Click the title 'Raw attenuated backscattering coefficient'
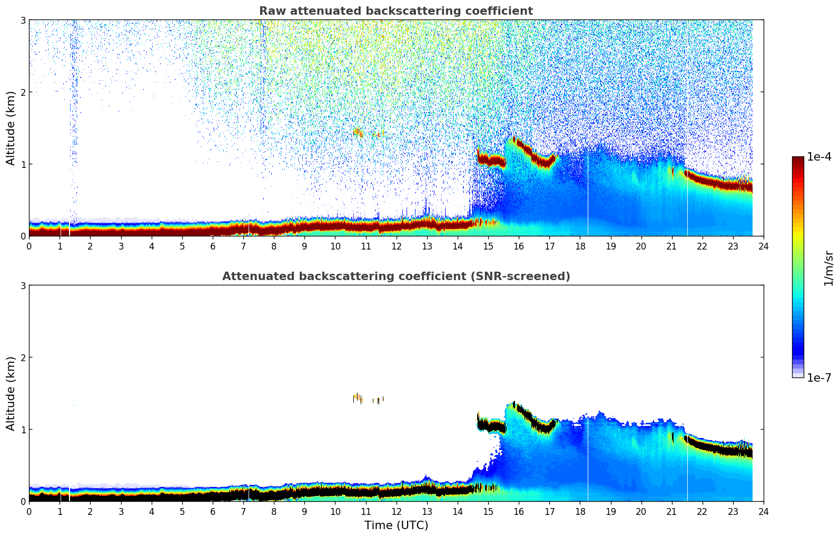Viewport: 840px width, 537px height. pos(396,11)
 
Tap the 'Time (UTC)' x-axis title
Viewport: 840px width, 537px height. pos(396,525)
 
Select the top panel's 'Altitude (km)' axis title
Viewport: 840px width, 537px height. pos(11,128)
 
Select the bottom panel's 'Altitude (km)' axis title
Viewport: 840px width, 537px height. pos(11,393)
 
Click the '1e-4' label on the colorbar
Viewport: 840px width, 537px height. pos(819,157)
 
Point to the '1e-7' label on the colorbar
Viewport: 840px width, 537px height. pos(819,377)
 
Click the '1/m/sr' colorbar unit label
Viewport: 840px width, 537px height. pos(828,268)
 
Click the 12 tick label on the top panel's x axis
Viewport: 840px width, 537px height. pos(396,246)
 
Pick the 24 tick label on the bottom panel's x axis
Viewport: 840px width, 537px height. pos(763,511)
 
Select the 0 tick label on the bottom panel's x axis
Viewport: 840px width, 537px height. pos(29,511)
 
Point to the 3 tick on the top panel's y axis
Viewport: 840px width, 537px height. pos(23,20)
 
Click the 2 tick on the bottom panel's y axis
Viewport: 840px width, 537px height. pos(23,357)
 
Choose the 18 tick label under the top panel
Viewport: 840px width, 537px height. pos(580,246)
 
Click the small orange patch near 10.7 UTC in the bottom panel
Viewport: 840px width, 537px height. pos(358,397)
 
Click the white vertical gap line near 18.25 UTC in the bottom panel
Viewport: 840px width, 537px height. pos(588,463)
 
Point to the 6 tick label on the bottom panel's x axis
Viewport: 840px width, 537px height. pos(213,511)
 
